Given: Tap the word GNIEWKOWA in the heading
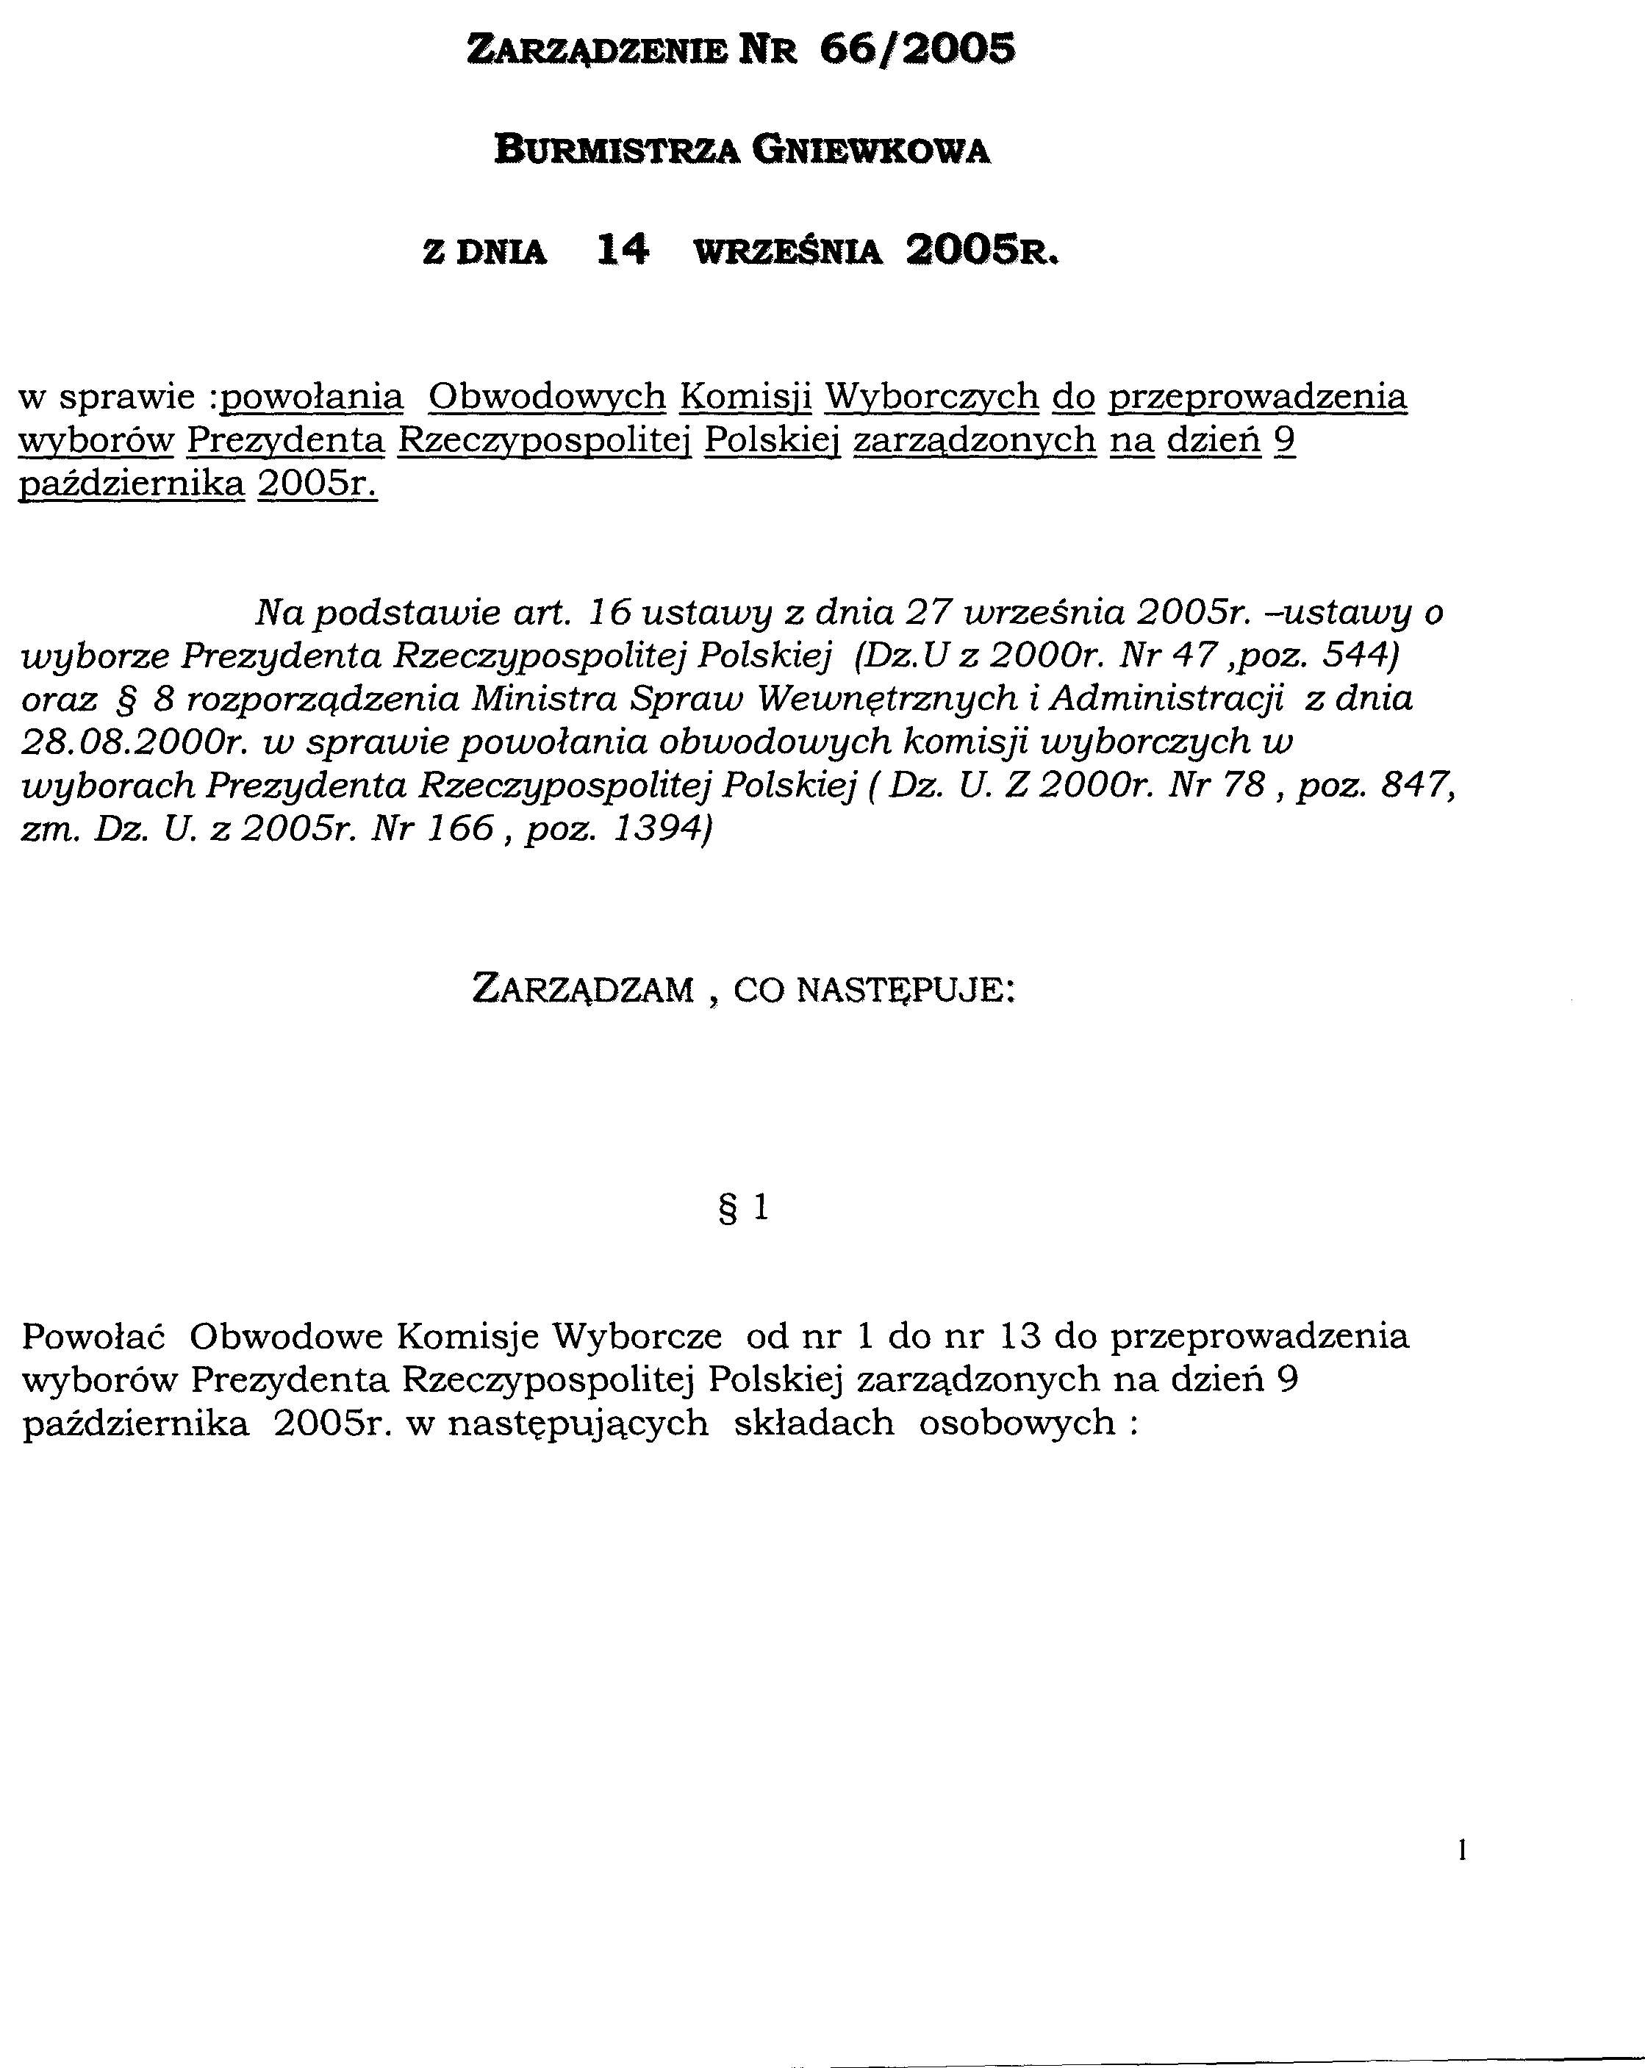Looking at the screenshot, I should (x=870, y=150).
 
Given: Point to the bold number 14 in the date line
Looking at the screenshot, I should (x=622, y=251).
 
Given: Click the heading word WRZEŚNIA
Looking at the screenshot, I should (x=786, y=252).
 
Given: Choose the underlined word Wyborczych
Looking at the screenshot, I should (x=931, y=395).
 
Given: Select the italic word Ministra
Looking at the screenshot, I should (x=544, y=699).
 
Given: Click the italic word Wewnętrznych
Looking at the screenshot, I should (x=887, y=699).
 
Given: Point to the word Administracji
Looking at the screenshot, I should (x=1166, y=699).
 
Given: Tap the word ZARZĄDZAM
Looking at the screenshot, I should (x=583, y=989).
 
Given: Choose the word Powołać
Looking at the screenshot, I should (x=94, y=1335).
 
